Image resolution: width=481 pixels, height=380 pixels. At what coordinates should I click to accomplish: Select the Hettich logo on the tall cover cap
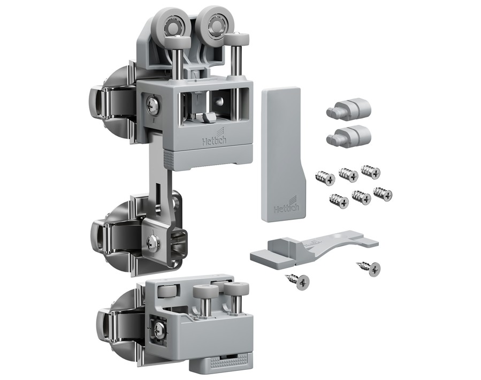tap(286, 206)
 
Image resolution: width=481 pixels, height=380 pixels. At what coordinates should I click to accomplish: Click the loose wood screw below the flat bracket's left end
tap(297, 280)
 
